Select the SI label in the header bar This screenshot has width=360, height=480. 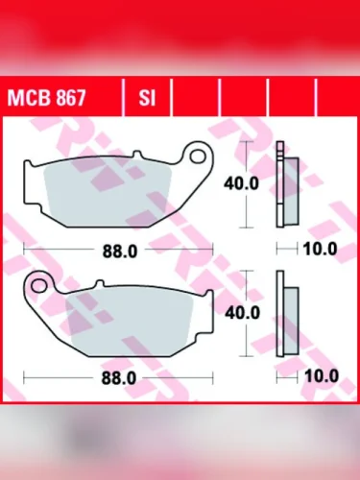point(147,97)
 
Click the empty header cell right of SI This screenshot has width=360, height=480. point(196,97)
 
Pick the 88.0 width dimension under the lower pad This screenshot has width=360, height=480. point(117,378)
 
